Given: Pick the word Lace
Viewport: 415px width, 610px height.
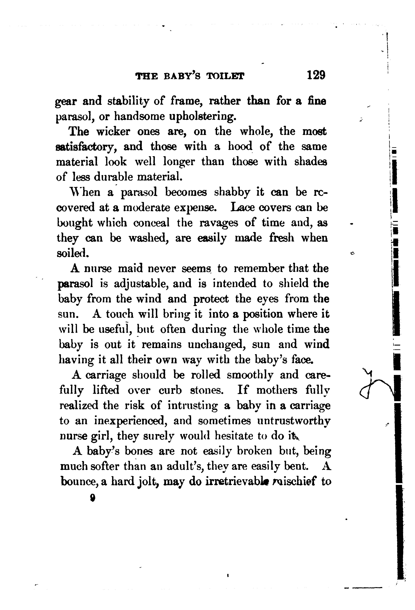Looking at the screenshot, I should click(x=242, y=208).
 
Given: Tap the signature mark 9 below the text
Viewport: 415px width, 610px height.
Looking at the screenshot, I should click(x=92, y=498).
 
